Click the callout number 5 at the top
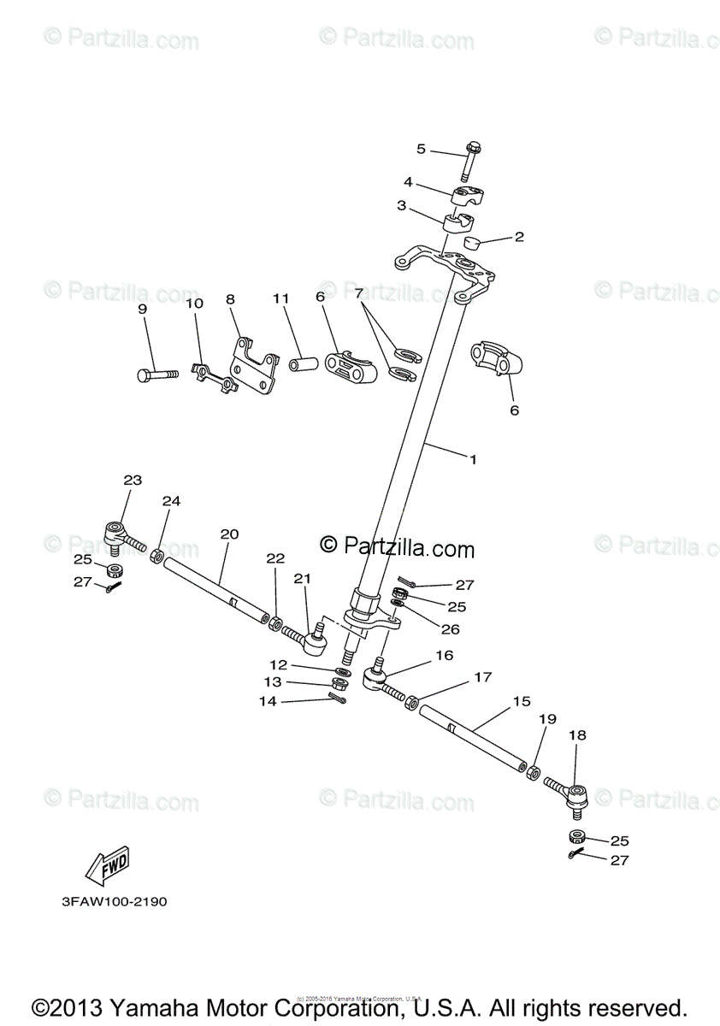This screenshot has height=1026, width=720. tap(421, 149)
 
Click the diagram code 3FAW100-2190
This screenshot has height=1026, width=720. tap(114, 902)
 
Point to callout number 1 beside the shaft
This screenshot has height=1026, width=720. tap(472, 459)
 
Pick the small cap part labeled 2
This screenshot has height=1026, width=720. tap(477, 244)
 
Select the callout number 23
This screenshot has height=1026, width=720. tap(133, 481)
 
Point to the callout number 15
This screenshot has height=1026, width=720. tap(522, 701)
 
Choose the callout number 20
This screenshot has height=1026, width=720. tap(228, 534)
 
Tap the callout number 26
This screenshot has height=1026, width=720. tap(450, 629)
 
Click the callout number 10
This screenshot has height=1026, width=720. tap(194, 303)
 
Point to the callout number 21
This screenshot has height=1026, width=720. tap(303, 579)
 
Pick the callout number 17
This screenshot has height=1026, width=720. tap(483, 677)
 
